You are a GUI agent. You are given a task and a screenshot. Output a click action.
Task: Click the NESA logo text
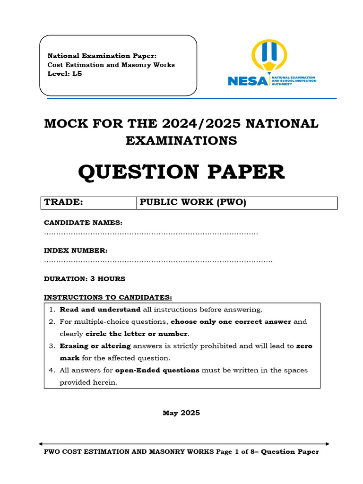point(247,81)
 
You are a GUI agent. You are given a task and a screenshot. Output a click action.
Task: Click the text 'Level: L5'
point(65,74)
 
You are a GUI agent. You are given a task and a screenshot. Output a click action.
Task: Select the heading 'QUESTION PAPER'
point(181,172)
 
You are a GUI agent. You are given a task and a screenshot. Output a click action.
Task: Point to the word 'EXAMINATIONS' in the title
point(181,140)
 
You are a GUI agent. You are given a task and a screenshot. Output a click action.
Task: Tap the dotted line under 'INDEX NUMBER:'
point(158,261)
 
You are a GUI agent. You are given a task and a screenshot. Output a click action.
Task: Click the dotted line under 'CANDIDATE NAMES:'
point(151,233)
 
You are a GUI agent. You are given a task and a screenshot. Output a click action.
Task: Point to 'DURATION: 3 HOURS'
point(85,279)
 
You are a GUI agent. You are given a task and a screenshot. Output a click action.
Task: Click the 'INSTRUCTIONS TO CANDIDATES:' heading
point(108,297)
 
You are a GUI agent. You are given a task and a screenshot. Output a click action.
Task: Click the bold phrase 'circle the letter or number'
point(134,334)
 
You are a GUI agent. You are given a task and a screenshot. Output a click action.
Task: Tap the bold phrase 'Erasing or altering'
point(95,346)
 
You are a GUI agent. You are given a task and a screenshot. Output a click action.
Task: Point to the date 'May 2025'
point(181,413)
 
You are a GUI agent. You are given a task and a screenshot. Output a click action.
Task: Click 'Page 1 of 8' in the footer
point(236,452)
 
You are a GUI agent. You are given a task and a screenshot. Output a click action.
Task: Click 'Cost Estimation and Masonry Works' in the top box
point(111,65)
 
